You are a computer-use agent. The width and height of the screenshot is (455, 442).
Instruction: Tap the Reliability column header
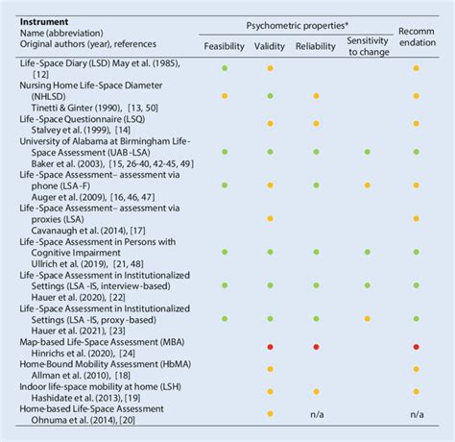(x=315, y=45)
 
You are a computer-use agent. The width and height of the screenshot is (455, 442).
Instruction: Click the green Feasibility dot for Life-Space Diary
(x=224, y=68)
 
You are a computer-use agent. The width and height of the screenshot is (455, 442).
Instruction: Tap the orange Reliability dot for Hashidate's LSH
(x=315, y=394)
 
